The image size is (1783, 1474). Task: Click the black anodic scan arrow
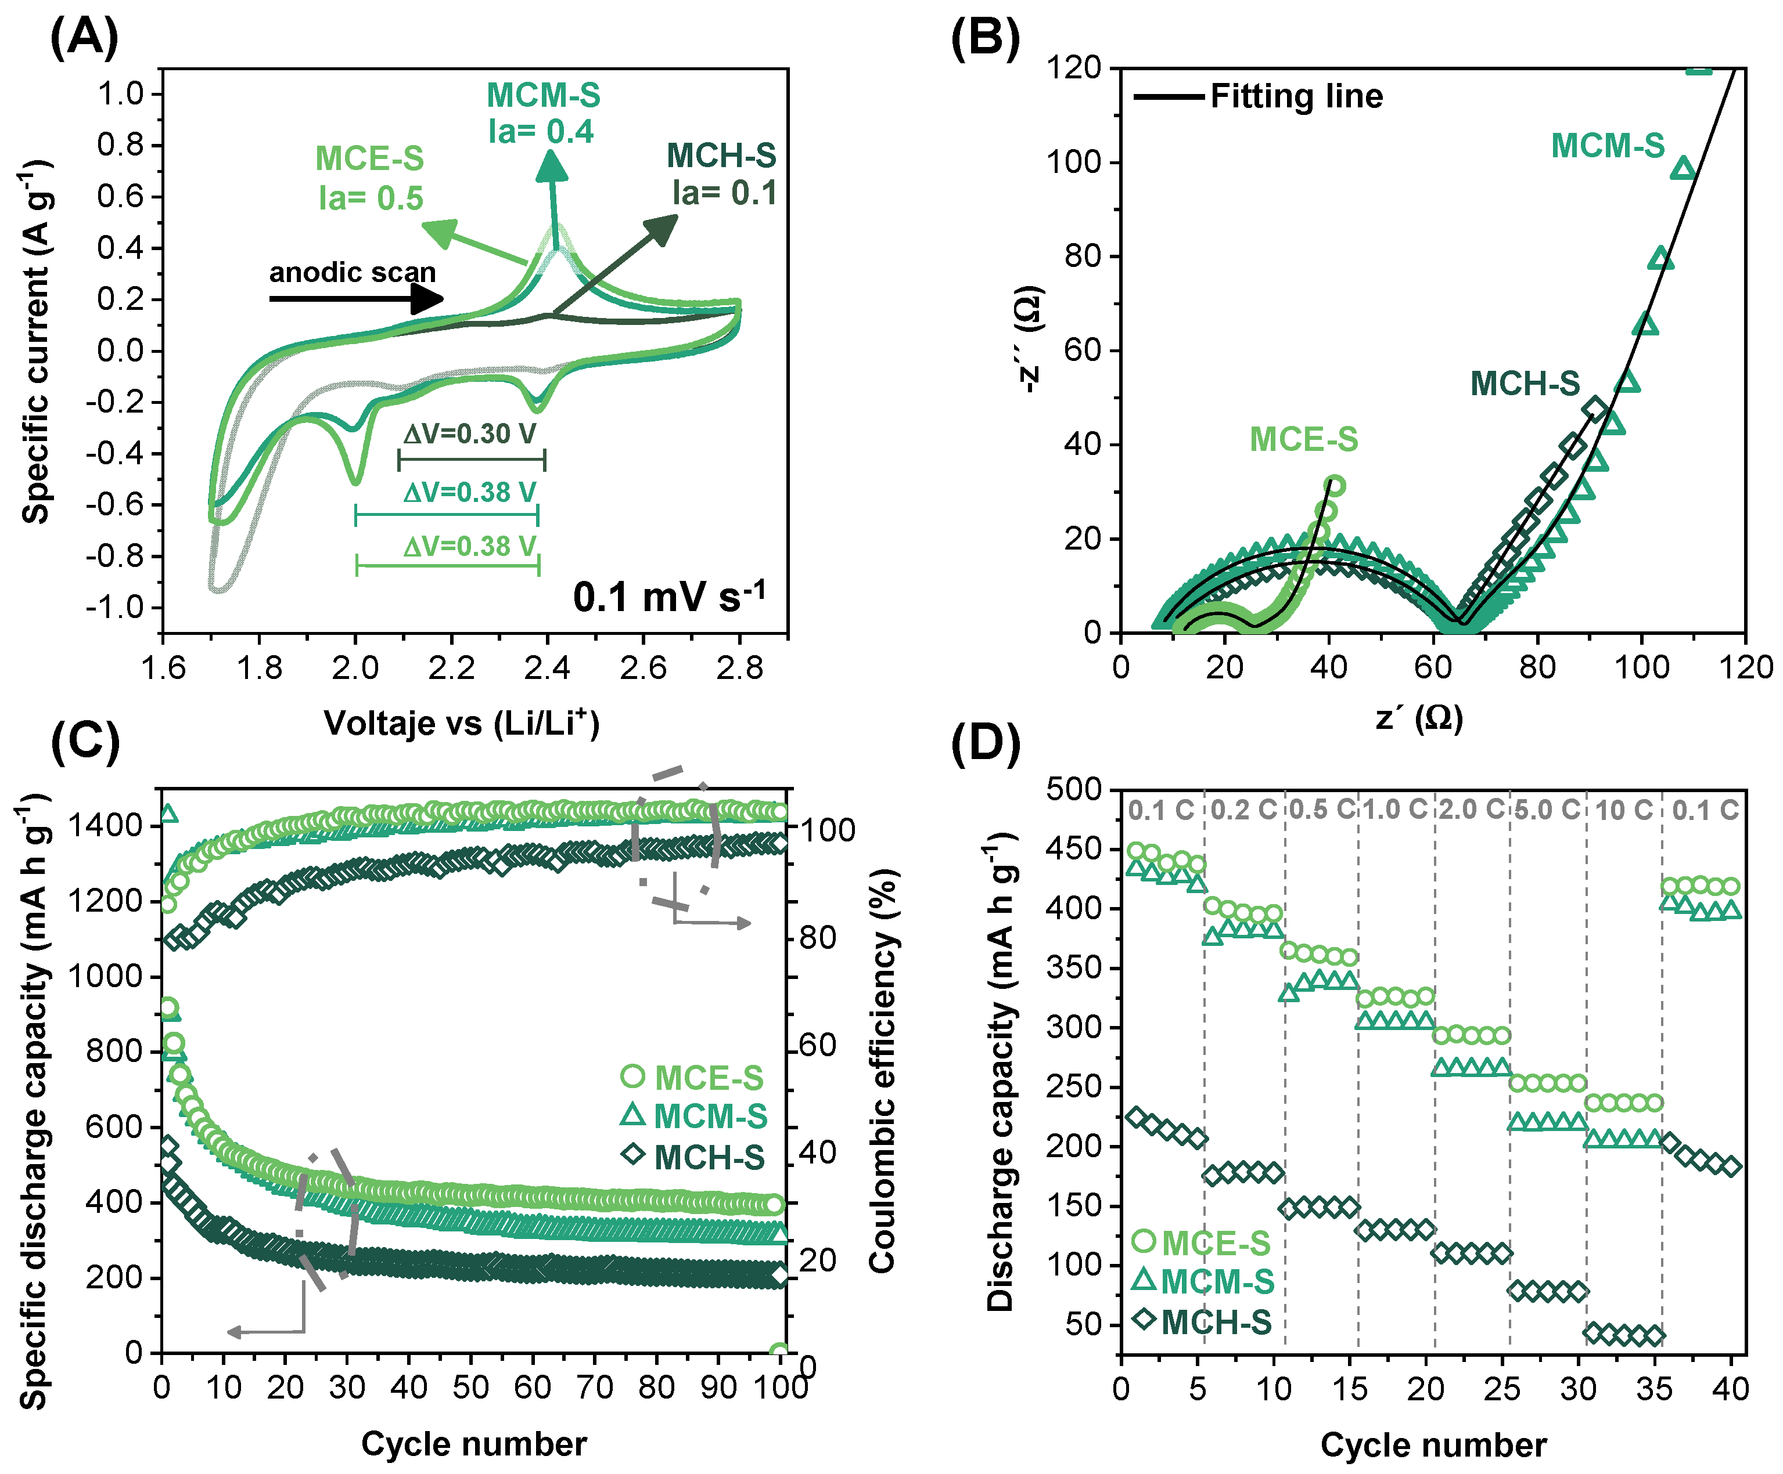click(x=356, y=298)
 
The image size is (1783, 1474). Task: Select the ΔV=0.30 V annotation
click(x=469, y=435)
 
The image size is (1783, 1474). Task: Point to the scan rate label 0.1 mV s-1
click(x=669, y=596)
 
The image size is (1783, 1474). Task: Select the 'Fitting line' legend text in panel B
click(x=1296, y=96)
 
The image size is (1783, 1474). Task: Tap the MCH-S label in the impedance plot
click(x=1525, y=384)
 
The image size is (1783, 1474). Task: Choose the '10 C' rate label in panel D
click(x=1623, y=810)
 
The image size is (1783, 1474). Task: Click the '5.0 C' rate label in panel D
click(x=1547, y=810)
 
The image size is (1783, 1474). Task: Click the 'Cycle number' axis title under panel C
click(x=474, y=1443)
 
